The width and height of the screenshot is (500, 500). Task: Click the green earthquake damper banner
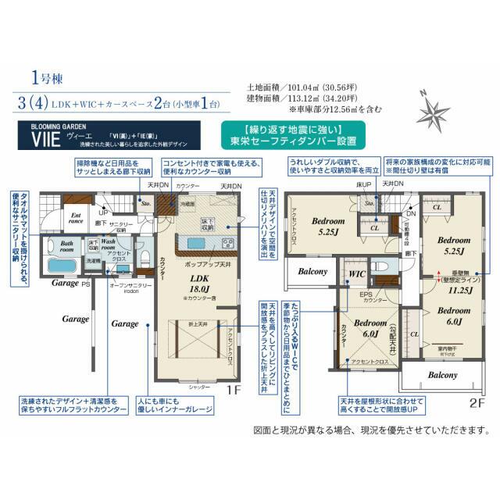tap(291, 136)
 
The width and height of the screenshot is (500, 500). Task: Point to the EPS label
tap(366, 295)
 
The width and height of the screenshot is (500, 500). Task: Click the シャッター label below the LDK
tap(200, 384)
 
